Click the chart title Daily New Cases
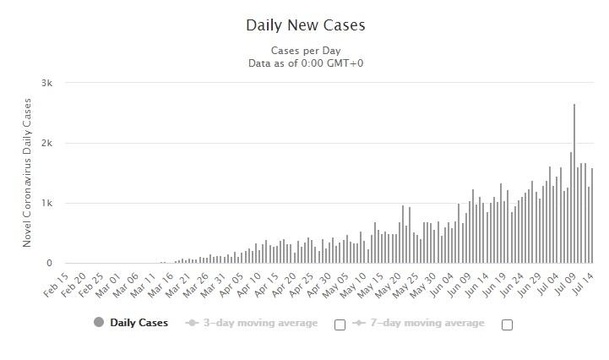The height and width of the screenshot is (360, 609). pos(305,25)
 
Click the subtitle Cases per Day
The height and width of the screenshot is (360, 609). pos(305,50)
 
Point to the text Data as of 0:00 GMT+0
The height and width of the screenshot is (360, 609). pos(305,63)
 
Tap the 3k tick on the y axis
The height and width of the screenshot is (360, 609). pos(46,83)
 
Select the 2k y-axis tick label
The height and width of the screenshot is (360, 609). pos(46,143)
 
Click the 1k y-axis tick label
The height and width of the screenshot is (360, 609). pos(46,203)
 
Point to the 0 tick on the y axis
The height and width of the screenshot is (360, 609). pos(49,264)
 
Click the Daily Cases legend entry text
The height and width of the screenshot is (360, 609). pos(139,323)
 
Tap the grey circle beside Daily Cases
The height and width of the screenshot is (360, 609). pos(99,323)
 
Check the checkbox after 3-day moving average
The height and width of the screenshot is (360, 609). pos(340,325)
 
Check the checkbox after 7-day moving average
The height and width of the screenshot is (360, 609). pos(507,325)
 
